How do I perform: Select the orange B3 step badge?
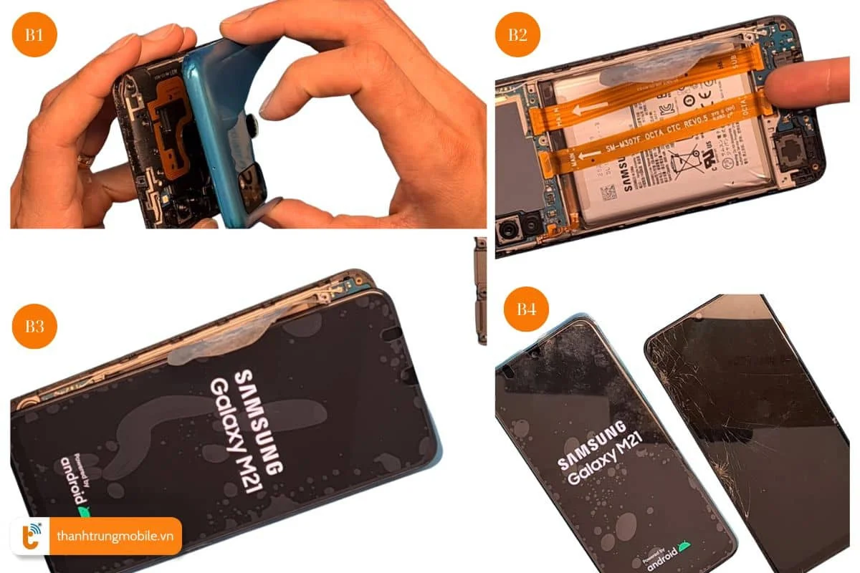(34, 326)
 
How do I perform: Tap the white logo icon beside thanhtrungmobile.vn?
(30, 536)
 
